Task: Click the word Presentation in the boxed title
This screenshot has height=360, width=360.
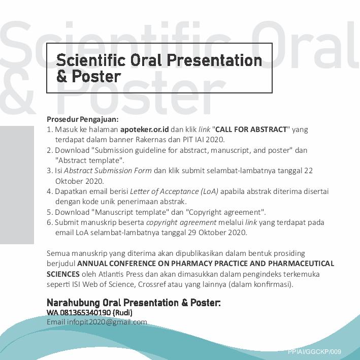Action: (214, 60)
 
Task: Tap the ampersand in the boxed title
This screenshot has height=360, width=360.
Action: (62, 76)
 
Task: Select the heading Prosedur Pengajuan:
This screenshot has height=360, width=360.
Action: (83, 119)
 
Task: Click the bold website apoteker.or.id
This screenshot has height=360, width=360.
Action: (144, 129)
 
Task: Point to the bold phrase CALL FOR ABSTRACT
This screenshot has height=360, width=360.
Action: (251, 129)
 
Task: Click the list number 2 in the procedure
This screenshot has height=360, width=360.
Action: (49, 150)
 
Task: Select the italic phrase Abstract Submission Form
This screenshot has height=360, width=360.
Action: (108, 171)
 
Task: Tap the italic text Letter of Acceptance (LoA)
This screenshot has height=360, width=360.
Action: (174, 191)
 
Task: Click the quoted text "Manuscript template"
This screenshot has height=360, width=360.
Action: (130, 212)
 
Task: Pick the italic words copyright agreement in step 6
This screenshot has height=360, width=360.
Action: (181, 222)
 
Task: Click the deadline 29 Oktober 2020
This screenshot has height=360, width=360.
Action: (217, 233)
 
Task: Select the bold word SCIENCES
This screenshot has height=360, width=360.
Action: (63, 274)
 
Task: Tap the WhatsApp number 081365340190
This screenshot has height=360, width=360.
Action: (85, 313)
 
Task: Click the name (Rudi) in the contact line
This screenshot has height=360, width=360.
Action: (122, 313)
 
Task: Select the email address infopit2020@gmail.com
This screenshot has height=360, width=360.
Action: (107, 322)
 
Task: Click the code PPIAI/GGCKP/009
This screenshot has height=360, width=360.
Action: (314, 351)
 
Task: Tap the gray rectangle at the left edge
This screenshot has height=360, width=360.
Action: (17, 185)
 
